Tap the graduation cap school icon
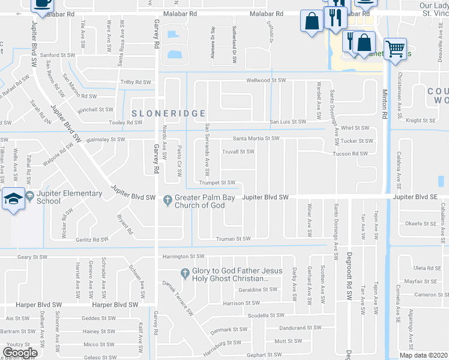coord(12,199)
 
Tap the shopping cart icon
coord(395,49)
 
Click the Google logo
coord(20,353)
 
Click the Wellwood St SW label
coord(265,80)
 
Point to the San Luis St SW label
coord(288,122)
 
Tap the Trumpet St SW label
coord(217,182)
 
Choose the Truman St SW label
coord(233,239)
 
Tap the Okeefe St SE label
coord(420,224)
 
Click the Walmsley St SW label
coord(105,139)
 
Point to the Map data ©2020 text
coord(423,355)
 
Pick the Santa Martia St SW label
coord(256,138)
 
